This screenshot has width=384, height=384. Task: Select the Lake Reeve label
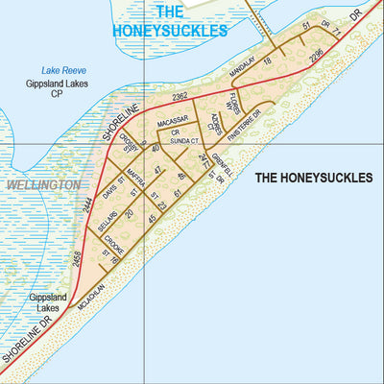click(x=63, y=70)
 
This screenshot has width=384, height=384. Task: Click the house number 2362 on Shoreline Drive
click(x=180, y=97)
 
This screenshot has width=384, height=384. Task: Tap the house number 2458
click(x=75, y=258)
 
